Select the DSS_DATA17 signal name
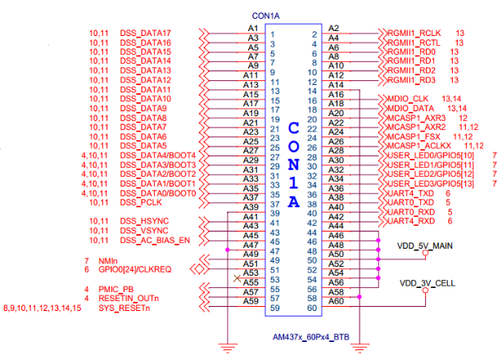pos(146,33)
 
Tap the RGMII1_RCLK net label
pos(416,33)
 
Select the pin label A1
pos(252,28)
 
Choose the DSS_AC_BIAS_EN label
pos(156,241)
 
